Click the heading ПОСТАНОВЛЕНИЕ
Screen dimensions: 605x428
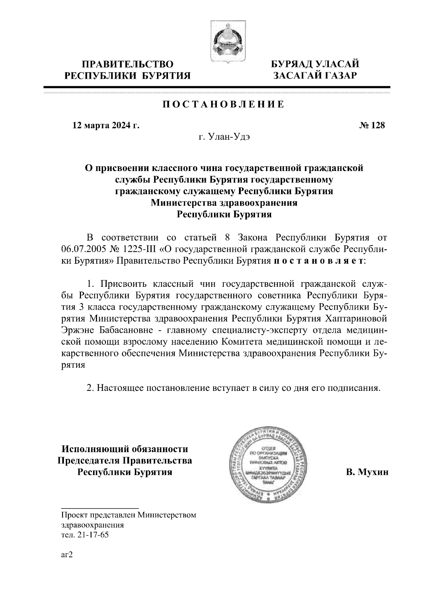224,104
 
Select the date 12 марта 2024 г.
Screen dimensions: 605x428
106,125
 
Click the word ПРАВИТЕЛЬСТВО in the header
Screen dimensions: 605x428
128,64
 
